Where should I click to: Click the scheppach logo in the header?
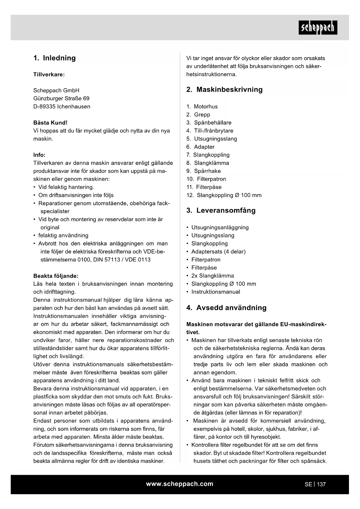pyautogui.click(x=318, y=28)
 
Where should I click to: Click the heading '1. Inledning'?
pyautogui.click(x=55, y=58)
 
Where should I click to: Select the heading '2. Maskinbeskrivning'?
pyautogui.click(x=224, y=90)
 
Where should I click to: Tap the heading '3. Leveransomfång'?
pyautogui.click(x=221, y=210)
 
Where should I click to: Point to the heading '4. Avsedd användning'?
pyautogui.click(x=226, y=308)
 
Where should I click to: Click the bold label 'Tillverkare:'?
pyautogui.click(x=49, y=75)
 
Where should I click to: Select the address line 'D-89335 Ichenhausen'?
pyautogui.click(x=62, y=107)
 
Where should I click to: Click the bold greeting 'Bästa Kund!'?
pyautogui.click(x=50, y=123)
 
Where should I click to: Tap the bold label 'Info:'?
pyautogui.click(x=39, y=155)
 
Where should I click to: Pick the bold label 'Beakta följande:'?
pyautogui.click(x=56, y=276)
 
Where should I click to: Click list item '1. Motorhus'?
pyautogui.click(x=202, y=107)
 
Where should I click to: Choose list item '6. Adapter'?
pyautogui.click(x=200, y=147)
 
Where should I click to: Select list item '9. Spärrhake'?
pyautogui.click(x=204, y=171)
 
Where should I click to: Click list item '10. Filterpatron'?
pyautogui.click(x=206, y=179)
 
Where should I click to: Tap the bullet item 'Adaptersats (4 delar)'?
pyautogui.click(x=218, y=252)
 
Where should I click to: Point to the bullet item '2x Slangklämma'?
pyautogui.click(x=212, y=276)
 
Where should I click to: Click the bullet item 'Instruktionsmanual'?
pyautogui.click(x=216, y=292)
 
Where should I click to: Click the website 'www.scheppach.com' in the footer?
pyautogui.click(x=180, y=484)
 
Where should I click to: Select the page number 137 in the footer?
pyautogui.click(x=321, y=484)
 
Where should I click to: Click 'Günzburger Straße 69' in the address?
pyautogui.click(x=61, y=98)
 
